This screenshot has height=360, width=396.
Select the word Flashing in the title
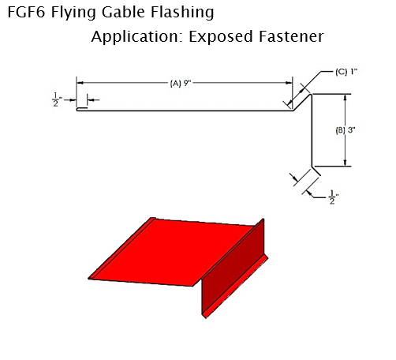coord(182,13)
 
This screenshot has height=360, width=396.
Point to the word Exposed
coord(221,37)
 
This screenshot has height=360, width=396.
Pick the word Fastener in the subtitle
coord(291,36)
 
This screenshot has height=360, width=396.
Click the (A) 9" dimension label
coord(180,84)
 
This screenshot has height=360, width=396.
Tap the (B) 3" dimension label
coord(346,130)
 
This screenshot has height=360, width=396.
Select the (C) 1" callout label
coord(346,72)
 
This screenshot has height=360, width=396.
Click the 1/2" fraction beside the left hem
coord(57,99)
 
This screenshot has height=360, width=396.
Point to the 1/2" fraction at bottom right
coord(333,197)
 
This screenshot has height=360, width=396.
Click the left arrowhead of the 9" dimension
coord(80,83)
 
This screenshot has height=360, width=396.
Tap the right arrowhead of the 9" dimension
coord(289,83)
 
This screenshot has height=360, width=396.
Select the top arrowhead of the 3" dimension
coord(346,98)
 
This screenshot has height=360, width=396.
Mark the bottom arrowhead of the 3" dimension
coord(346,163)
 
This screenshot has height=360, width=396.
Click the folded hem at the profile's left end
coord(82,109)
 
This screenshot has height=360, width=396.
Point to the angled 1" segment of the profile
coord(302,103)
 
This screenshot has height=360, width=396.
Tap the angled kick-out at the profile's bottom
coord(316,171)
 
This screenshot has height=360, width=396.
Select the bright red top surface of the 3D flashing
coord(171,253)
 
